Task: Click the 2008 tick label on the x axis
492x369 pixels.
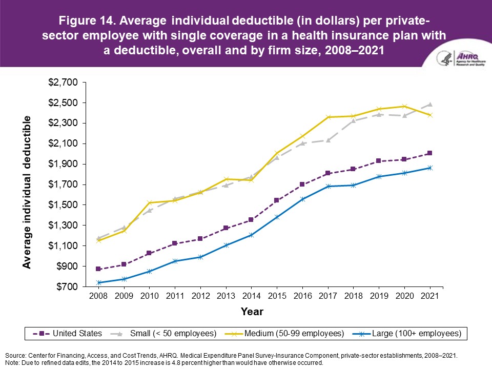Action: [98, 297]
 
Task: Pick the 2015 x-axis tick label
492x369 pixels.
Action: [277, 297]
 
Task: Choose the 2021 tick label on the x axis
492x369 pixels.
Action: [430, 297]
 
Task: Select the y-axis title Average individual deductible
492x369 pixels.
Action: [27, 192]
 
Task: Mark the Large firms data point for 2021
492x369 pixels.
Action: [430, 168]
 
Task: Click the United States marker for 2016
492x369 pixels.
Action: [302, 184]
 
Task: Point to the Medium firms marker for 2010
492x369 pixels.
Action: [149, 202]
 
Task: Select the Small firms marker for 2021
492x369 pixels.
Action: [430, 105]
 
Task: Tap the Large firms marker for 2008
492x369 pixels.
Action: [98, 282]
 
